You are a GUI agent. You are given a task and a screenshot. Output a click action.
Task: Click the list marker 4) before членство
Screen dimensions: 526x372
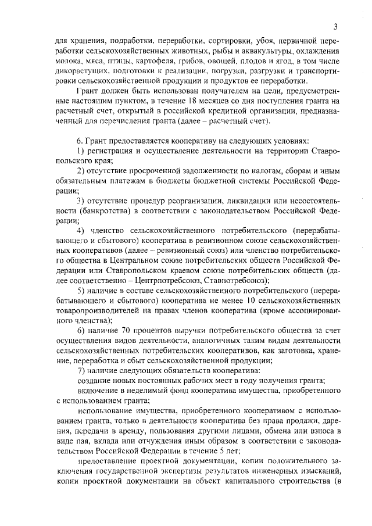click(81, 231)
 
